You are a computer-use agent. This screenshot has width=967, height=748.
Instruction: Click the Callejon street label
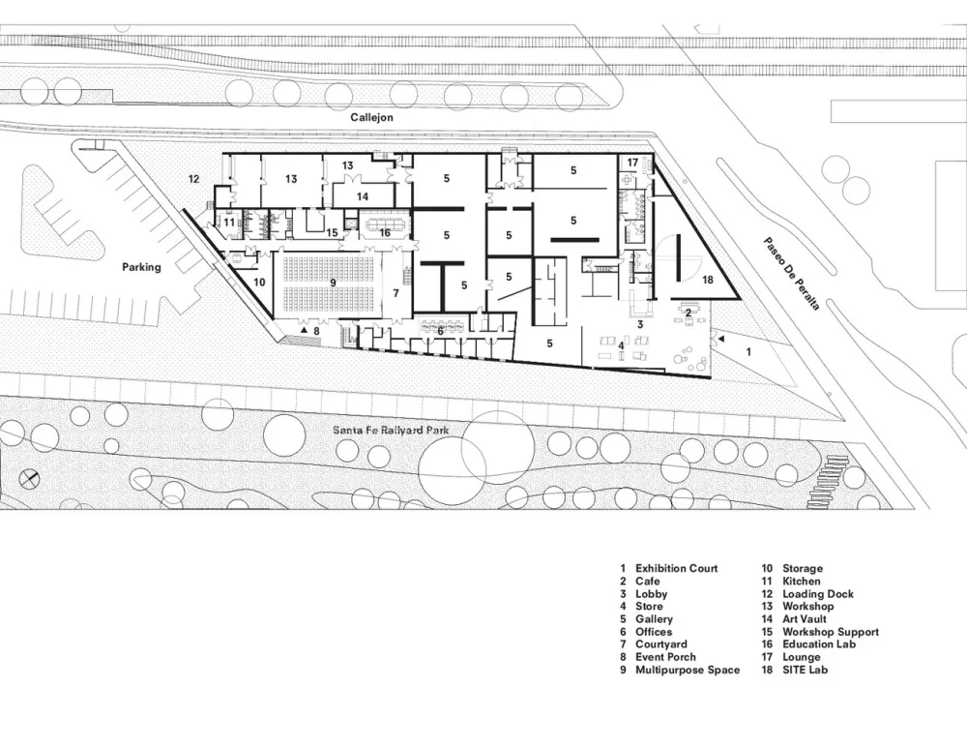tap(371, 116)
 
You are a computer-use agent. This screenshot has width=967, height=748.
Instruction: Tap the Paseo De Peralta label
tap(791, 274)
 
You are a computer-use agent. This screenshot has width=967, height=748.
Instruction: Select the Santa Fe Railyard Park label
tap(393, 431)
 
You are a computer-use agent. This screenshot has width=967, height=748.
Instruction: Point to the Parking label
tap(141, 267)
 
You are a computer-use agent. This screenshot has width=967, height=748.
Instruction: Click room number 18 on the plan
tap(707, 279)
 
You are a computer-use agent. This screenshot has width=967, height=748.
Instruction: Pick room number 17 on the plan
tap(632, 162)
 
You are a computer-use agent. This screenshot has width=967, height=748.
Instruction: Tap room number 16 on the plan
tap(384, 232)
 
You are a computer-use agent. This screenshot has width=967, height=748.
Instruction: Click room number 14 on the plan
tap(362, 195)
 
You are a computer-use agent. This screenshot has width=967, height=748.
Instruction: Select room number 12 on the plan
tap(193, 178)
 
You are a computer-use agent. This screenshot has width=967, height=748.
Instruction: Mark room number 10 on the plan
tap(259, 283)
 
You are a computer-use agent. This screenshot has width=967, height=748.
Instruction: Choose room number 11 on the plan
tap(229, 222)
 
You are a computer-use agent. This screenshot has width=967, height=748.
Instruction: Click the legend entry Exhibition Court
tap(676, 568)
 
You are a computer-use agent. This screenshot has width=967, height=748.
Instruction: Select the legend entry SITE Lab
tap(805, 670)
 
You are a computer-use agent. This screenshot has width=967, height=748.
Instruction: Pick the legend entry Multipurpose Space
tap(687, 670)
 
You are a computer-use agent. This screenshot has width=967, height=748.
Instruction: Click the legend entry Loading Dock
tap(817, 594)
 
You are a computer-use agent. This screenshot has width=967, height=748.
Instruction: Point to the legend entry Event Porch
tap(664, 657)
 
